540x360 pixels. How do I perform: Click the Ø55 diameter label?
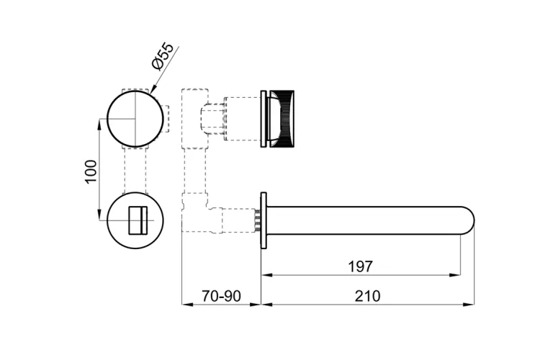163,56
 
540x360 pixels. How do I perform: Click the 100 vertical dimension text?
91,171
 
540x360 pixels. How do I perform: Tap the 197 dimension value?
360,266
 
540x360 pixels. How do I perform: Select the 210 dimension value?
367,296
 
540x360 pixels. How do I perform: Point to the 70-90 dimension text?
221,296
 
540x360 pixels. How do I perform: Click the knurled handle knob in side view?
281,119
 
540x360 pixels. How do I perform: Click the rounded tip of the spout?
469,220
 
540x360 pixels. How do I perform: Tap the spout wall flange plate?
264,220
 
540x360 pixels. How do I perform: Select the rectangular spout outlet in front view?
138,220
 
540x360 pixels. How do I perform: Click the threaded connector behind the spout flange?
257,220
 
